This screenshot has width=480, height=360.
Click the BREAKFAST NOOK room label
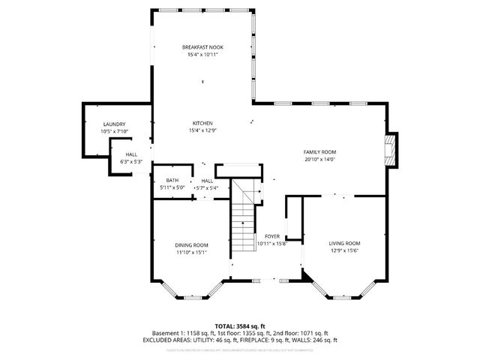[x=202, y=47]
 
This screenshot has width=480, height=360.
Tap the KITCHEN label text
[x=202, y=123]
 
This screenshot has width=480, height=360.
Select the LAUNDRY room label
[x=114, y=124]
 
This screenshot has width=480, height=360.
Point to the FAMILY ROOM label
[x=319, y=151]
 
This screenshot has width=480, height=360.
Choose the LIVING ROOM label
[x=345, y=243]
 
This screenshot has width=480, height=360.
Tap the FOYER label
[x=271, y=236]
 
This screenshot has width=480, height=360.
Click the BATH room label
[x=172, y=180]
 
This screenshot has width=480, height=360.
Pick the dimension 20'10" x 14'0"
[x=319, y=159]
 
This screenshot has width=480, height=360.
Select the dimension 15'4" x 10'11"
[x=202, y=55]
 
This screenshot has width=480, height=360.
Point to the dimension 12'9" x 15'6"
[x=345, y=250]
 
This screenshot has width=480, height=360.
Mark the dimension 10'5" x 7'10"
[x=114, y=132]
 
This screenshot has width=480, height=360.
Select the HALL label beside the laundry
[x=131, y=154]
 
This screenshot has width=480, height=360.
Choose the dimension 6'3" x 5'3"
[x=131, y=162]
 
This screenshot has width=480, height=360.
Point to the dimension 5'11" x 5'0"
[x=172, y=187]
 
